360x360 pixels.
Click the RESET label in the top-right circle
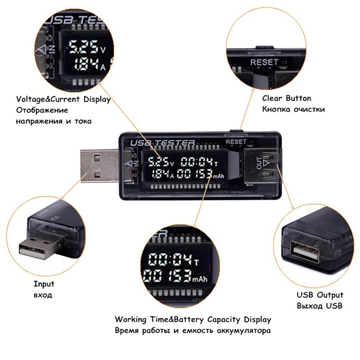[x=264, y=62]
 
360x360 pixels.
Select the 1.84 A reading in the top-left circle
[x=86, y=65]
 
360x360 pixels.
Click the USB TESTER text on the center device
[x=162, y=143]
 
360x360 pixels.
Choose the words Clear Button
[x=286, y=98]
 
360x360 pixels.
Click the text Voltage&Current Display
[x=63, y=99]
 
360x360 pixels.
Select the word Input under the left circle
[x=44, y=284]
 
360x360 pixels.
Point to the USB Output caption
[x=320, y=295]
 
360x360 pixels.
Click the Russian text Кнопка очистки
[x=293, y=109]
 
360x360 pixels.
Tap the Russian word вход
[x=43, y=295]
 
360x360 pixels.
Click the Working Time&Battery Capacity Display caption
[x=193, y=319]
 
